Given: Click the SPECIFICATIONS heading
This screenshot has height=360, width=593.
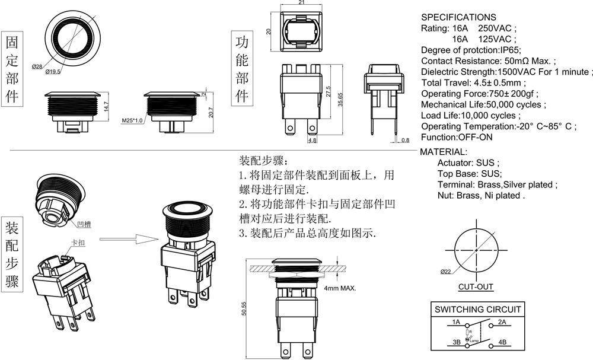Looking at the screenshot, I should [x=458, y=17].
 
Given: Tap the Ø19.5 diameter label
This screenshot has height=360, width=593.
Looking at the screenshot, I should [x=53, y=72].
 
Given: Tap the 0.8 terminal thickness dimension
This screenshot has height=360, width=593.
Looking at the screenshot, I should [x=405, y=140].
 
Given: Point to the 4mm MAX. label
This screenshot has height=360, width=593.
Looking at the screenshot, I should [x=340, y=288].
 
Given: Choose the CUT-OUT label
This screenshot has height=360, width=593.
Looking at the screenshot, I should [x=476, y=287].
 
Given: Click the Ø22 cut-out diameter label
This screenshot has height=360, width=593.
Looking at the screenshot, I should [x=446, y=272].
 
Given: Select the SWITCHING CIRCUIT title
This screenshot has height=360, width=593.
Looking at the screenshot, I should [x=478, y=309].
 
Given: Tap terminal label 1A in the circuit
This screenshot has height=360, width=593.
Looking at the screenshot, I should [x=455, y=322].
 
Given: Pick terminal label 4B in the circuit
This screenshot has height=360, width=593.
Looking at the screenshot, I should [x=501, y=342].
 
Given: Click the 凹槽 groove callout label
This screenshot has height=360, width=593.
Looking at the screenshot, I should [x=83, y=224].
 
